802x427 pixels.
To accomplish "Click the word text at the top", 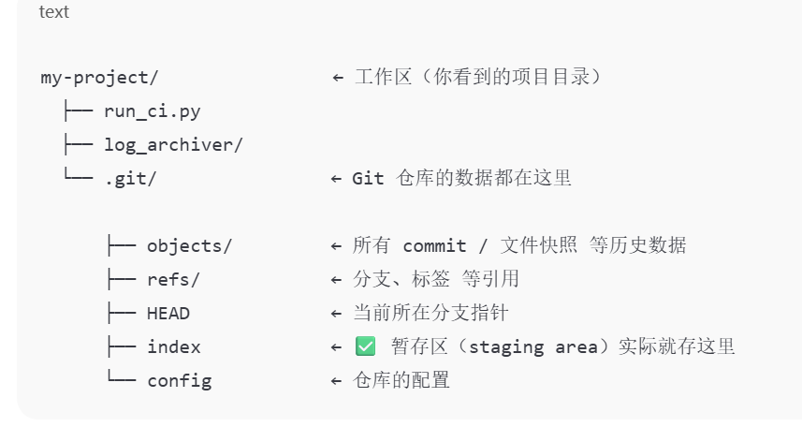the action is coord(53,12).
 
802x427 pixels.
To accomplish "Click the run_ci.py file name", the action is coord(152,111).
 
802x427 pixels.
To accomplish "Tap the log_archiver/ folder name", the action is coord(173,145).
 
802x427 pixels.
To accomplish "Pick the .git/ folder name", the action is coord(130,179).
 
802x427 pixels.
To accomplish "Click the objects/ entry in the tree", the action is coord(189,246).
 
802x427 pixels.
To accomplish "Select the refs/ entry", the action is coord(173,280).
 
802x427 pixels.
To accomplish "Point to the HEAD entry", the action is coord(168,314).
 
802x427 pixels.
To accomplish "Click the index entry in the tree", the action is coord(173,347).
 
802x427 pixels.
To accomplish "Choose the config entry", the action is coord(179,381).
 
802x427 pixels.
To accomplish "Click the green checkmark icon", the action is coord(365,346).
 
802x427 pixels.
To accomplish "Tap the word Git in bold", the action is coord(368,179).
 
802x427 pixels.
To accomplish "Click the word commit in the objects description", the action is coord(434,246).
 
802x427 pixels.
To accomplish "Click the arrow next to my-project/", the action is coord(338,78).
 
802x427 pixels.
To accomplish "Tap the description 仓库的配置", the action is coord(401,380).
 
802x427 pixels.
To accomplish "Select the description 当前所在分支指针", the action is coord(430,313).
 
